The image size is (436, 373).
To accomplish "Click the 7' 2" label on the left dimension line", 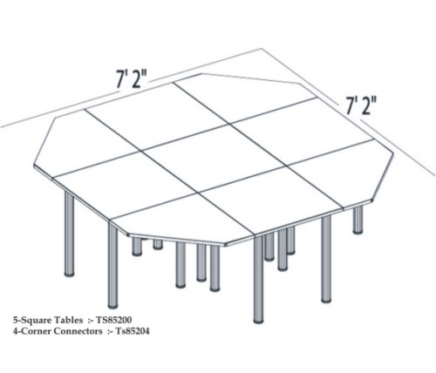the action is point(133,78).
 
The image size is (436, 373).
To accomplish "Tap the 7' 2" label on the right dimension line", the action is point(361,105).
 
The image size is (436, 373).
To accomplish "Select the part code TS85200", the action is point(114,320).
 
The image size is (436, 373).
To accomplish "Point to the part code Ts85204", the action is point(133,331).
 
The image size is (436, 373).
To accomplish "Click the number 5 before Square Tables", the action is point(15,320).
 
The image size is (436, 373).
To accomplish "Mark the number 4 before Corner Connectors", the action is point(15,331).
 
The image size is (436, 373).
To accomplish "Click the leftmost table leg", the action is point(69,234).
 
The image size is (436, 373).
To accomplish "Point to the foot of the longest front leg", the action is point(258,321).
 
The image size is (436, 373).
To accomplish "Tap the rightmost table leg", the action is point(358,220).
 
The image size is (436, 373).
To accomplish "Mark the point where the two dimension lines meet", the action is point(261,49).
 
